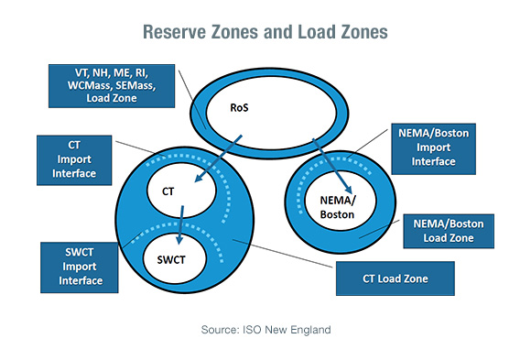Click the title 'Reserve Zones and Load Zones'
pos(265,31)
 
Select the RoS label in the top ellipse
pos(240,107)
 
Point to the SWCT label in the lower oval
pos(173,260)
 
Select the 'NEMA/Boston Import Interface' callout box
pos(435,148)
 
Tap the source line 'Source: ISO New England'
pos(265,327)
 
